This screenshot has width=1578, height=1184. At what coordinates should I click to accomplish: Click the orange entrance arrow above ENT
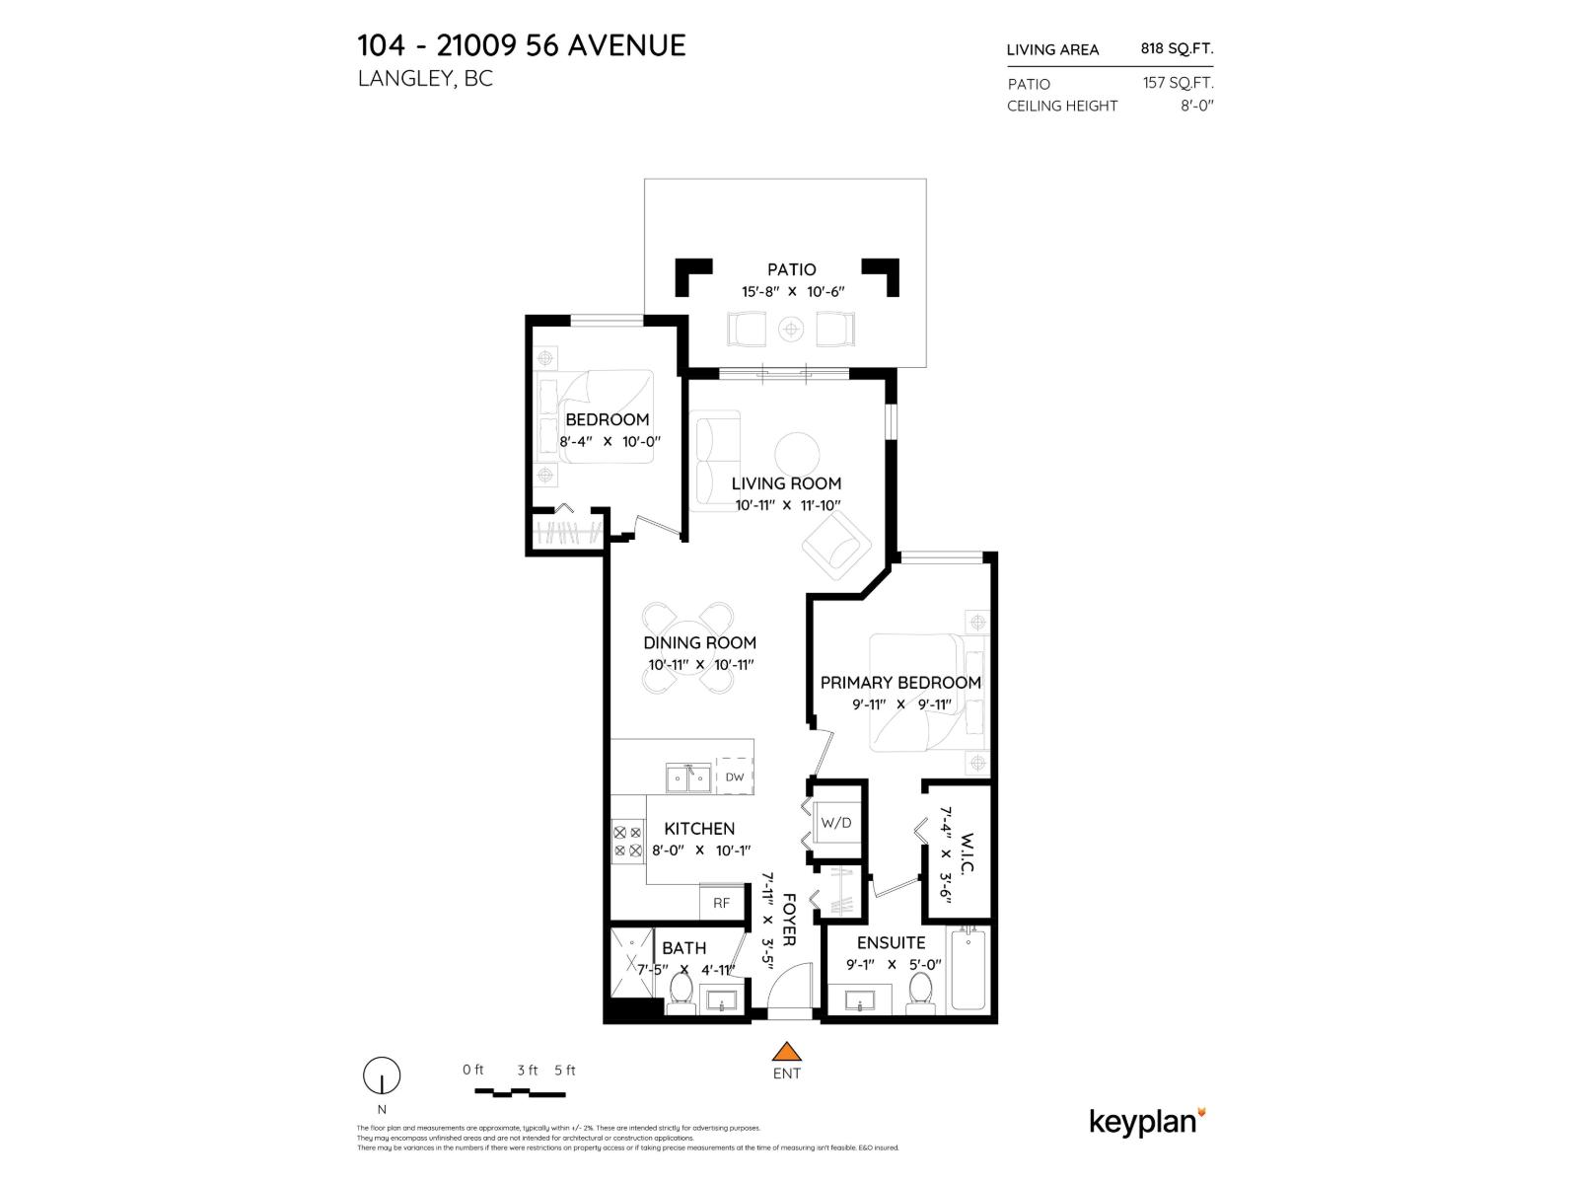(x=786, y=1052)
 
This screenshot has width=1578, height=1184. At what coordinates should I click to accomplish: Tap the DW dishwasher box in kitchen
(x=734, y=777)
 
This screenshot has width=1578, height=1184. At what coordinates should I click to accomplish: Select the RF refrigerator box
(x=721, y=902)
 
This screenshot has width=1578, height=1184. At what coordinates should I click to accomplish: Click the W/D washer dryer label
(x=836, y=822)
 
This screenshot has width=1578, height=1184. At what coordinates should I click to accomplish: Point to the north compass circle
(x=382, y=1074)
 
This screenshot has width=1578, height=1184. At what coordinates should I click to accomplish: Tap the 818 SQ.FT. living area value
(x=1176, y=48)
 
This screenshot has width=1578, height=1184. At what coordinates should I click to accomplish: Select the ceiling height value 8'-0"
(x=1196, y=106)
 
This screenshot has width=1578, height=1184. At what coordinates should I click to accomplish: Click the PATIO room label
(x=792, y=269)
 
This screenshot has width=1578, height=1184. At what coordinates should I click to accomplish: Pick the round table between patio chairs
(x=791, y=329)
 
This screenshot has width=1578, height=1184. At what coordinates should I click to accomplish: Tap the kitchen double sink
(x=688, y=778)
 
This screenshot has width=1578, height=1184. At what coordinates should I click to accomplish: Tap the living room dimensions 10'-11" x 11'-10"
(x=787, y=505)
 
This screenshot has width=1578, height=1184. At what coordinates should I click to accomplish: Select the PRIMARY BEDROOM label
(x=900, y=682)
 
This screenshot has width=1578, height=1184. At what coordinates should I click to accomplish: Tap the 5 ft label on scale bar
(x=564, y=1070)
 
